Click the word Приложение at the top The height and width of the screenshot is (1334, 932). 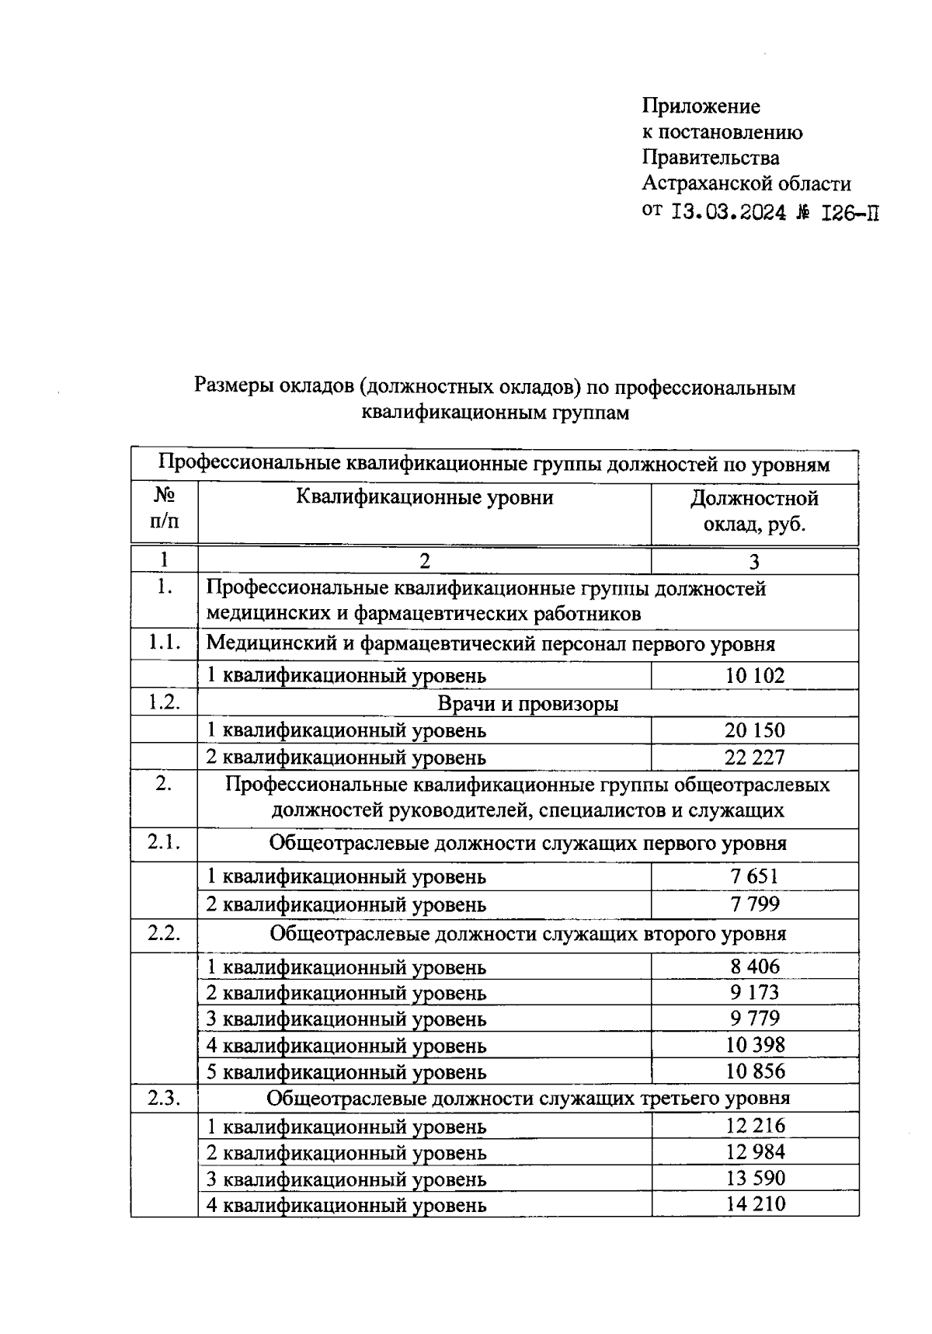click(x=701, y=106)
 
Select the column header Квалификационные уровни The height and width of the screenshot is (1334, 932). click(x=424, y=497)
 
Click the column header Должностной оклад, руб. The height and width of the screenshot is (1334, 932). click(x=754, y=510)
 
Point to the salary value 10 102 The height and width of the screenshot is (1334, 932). click(x=755, y=675)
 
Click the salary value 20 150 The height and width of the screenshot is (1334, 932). click(x=755, y=730)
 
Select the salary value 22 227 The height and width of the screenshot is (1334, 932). click(x=755, y=757)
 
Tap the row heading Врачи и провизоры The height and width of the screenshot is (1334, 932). click(x=528, y=703)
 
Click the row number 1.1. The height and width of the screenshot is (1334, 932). click(x=164, y=643)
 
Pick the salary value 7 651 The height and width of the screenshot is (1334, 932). click(x=755, y=876)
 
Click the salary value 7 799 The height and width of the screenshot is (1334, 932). click(x=755, y=904)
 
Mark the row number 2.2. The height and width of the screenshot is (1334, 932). click(x=164, y=932)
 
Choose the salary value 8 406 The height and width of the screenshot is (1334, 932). click(x=755, y=966)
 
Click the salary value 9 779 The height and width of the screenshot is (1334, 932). click(x=755, y=1019)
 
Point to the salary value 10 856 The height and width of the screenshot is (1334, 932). click(x=755, y=1071)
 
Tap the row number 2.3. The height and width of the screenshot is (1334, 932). click(x=164, y=1098)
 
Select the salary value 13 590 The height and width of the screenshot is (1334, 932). click(x=755, y=1178)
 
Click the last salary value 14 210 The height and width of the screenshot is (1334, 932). click(x=755, y=1204)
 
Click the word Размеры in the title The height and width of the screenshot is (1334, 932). click(x=231, y=386)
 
